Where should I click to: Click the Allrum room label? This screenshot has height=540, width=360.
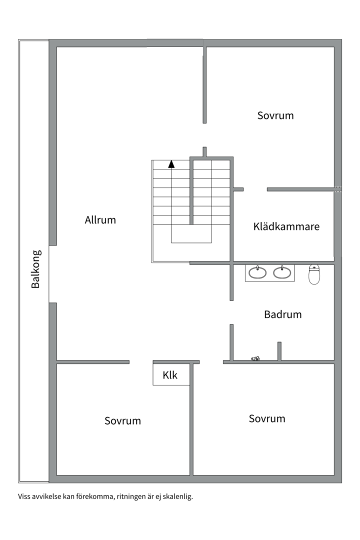click(100, 219)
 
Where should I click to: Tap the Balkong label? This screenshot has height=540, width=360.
click(36, 269)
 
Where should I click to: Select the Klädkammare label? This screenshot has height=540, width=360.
click(286, 226)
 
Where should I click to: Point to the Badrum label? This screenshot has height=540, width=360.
click(283, 314)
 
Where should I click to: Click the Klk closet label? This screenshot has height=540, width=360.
click(170, 375)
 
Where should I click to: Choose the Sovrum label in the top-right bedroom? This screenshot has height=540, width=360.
click(275, 115)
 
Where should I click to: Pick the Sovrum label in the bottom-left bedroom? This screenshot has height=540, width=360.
click(122, 420)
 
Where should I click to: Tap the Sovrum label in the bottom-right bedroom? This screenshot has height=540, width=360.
click(267, 418)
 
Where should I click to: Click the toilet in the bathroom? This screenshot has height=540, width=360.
click(314, 274)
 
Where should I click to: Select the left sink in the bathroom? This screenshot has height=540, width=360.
click(257, 272)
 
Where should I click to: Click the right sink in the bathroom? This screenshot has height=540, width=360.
click(282, 272)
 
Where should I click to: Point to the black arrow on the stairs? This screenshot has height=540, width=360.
click(171, 164)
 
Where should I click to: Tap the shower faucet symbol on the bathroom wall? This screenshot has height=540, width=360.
click(255, 358)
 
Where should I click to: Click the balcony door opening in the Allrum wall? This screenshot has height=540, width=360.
click(52, 274)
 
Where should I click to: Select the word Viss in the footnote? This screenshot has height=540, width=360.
click(24, 496)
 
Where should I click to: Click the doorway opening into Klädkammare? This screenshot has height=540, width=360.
click(255, 189)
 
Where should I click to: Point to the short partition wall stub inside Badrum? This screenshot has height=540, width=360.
click(279, 351)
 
